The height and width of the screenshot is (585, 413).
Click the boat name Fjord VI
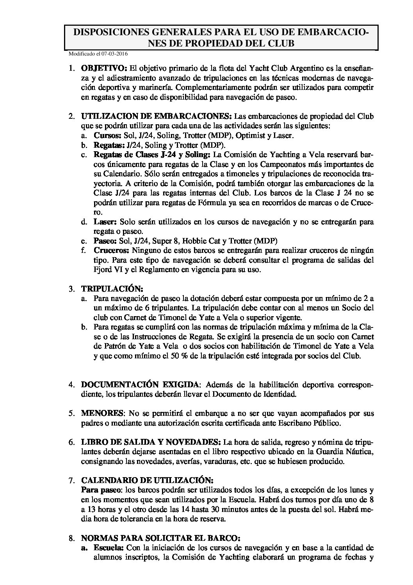click(96, 270)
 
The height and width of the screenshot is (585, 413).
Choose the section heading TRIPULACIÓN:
click(112, 289)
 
